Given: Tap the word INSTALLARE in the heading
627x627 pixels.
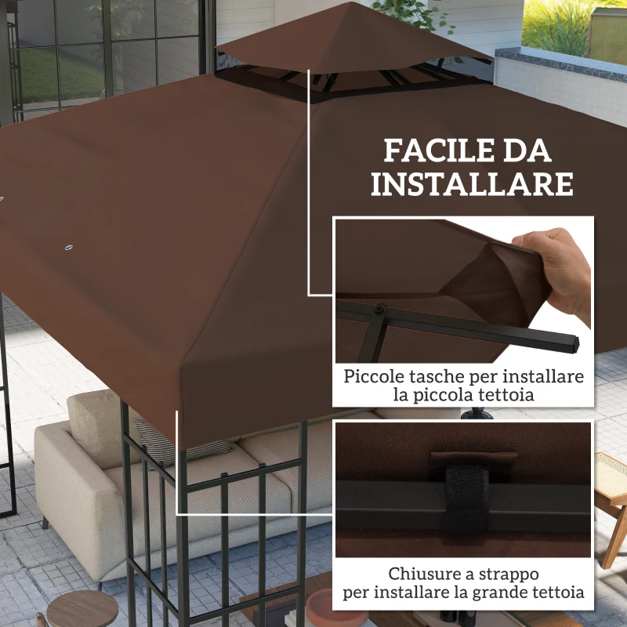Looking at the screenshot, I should point(472,185).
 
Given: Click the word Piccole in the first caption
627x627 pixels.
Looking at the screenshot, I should point(371,377).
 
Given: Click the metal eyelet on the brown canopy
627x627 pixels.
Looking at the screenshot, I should point(67,248).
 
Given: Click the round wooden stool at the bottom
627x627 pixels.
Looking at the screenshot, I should point(82,610).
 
